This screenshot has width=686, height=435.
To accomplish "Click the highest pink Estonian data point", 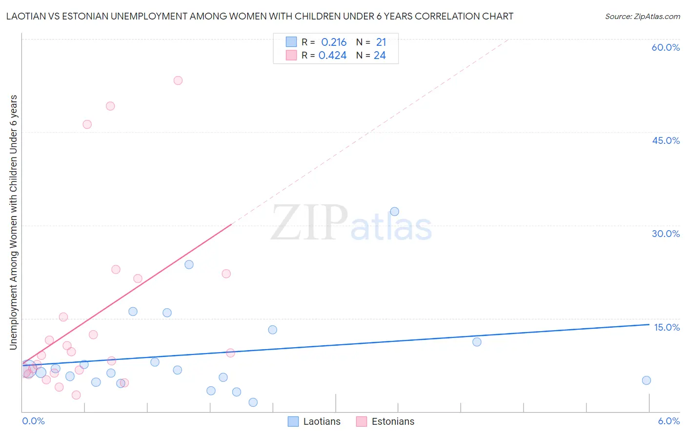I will click(178, 80).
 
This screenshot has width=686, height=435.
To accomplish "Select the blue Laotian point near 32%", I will click(395, 212).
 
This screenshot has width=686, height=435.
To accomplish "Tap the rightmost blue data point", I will click(646, 380).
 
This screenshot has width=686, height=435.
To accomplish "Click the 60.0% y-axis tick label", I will click(666, 47).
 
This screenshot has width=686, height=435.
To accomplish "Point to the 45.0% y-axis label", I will click(666, 140).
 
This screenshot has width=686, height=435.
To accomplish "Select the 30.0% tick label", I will click(666, 234).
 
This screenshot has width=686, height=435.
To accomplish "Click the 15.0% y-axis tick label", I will click(666, 327).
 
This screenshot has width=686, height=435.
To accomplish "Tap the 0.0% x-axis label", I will click(34, 421).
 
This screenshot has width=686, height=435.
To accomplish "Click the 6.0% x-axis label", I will click(668, 421).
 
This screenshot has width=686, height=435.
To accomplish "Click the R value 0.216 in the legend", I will click(334, 42).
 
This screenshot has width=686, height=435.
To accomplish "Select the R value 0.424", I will click(333, 56).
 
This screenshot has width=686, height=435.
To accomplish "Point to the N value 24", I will click(380, 56).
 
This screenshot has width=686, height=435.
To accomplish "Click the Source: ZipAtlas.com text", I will click(642, 17).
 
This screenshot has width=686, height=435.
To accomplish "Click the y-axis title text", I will click(14, 222).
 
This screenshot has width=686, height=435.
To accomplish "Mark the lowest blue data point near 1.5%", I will click(253, 402).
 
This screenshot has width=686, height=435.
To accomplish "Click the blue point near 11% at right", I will click(477, 342).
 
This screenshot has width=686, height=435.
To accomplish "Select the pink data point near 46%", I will click(87, 124).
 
